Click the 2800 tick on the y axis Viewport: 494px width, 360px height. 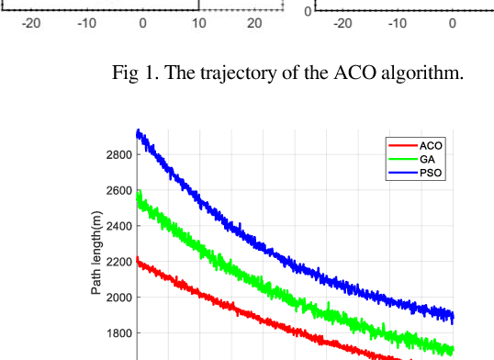[118, 154]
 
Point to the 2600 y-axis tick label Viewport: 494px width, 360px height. [118, 190]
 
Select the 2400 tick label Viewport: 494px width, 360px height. [118, 226]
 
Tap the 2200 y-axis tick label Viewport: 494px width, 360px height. [118, 262]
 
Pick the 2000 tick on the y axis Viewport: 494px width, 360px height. [118, 298]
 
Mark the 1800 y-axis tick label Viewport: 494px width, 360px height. [118, 333]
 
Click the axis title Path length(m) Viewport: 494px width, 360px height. [95, 253]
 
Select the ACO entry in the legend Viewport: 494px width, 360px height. [429, 145]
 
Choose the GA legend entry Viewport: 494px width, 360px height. [426, 159]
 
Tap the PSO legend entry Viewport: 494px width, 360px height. [429, 173]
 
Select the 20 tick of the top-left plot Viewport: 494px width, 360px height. [254, 25]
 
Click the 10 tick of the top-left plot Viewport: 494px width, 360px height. [198, 25]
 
